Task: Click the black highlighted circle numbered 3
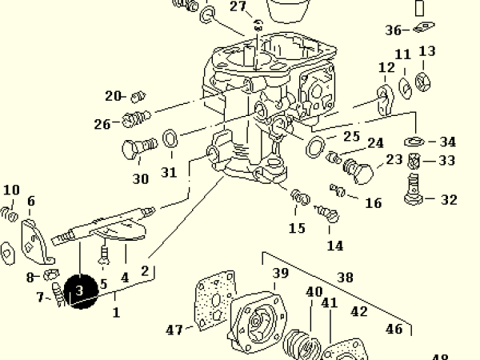pyautogui.click(x=79, y=292)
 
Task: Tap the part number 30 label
pyautogui.click(x=141, y=179)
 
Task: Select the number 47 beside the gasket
pyautogui.click(x=174, y=329)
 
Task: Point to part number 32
pyautogui.click(x=449, y=200)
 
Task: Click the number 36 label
pyautogui.click(x=394, y=31)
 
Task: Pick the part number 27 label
pyautogui.click(x=238, y=7)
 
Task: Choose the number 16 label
pyautogui.click(x=373, y=203)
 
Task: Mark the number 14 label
pyautogui.click(x=334, y=246)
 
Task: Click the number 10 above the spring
pyautogui.click(x=11, y=190)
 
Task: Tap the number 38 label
pyautogui.click(x=345, y=278)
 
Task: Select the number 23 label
pyautogui.click(x=394, y=159)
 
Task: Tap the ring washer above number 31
pyautogui.click(x=170, y=140)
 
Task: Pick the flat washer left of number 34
pyautogui.click(x=414, y=141)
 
